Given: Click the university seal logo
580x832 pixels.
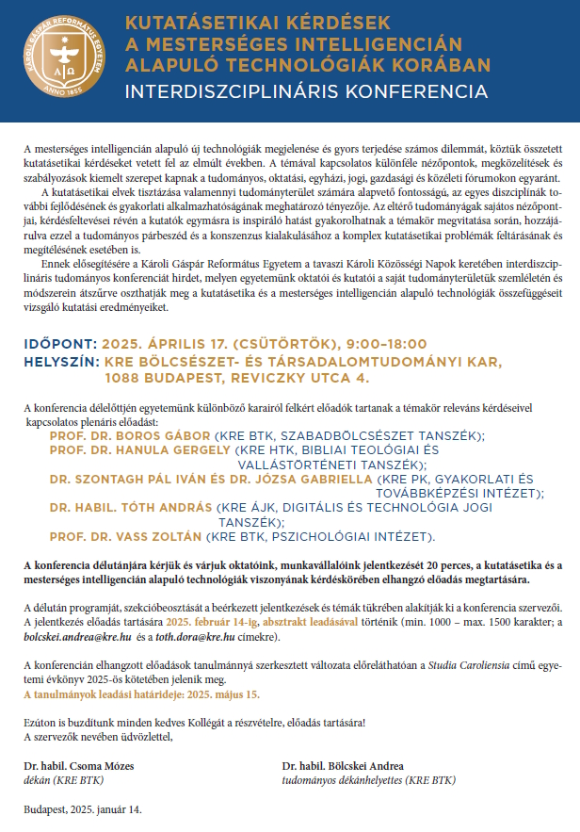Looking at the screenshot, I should pyautogui.click(x=62, y=61).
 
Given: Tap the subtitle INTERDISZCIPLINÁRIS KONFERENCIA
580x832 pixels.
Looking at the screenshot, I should pyautogui.click(x=306, y=92).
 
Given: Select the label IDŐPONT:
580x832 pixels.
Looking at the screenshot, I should pyautogui.click(x=59, y=345).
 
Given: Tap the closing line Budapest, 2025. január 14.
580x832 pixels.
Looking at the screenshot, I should pyautogui.click(x=82, y=809).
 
